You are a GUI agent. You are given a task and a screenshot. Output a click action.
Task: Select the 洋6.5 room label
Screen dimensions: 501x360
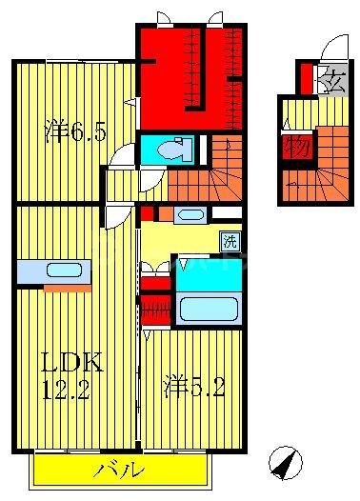[x=72, y=132]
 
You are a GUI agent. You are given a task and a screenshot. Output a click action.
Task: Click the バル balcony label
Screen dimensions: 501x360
[x=120, y=469]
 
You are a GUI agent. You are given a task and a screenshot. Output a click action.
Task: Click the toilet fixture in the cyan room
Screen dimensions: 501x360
[x=173, y=150]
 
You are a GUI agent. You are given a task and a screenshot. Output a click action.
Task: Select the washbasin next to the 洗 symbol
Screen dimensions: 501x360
[x=189, y=214]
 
